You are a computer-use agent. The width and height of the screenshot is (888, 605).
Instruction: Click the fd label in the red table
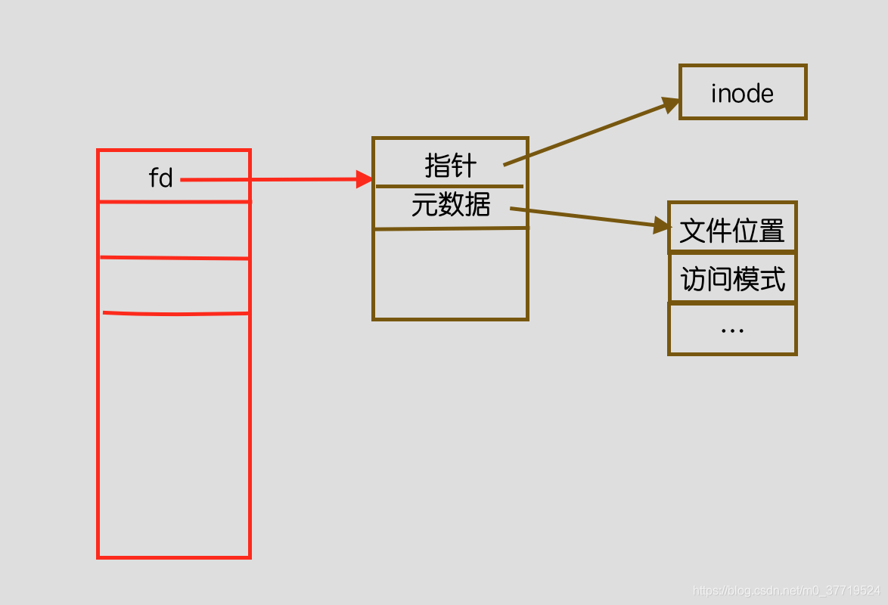click(161, 178)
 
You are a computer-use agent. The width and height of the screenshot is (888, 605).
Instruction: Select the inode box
click(743, 92)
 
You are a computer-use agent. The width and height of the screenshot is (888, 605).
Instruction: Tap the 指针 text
click(451, 164)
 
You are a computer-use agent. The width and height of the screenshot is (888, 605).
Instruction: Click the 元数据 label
click(451, 205)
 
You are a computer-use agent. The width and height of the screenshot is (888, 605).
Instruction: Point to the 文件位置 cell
click(732, 230)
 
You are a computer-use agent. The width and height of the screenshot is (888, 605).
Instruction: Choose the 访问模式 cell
click(732, 279)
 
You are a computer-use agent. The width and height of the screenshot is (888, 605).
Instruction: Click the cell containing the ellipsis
click(732, 329)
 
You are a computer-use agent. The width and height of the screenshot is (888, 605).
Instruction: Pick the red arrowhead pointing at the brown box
click(365, 179)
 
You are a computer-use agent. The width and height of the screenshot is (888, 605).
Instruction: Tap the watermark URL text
click(787, 590)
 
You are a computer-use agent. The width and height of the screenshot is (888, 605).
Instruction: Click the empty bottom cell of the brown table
click(451, 274)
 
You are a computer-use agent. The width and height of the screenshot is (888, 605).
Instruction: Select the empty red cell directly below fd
click(174, 230)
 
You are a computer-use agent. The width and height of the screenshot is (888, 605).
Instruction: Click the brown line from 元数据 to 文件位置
click(582, 217)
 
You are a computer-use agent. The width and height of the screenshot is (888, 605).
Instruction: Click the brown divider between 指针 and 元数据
click(449, 186)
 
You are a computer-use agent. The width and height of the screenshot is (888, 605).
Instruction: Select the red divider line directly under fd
click(174, 202)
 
